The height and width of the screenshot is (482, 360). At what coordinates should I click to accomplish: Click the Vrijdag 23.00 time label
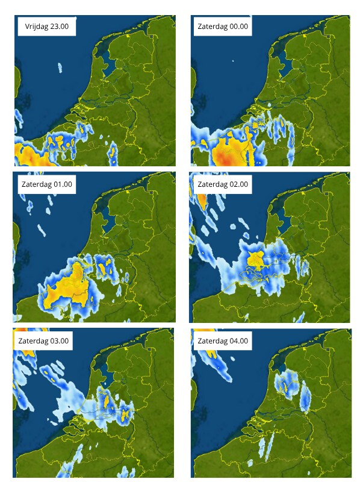[x=46, y=27]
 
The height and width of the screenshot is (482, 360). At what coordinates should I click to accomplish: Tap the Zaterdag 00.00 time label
[x=222, y=27]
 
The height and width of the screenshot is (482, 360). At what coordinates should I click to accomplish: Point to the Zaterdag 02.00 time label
[x=222, y=184]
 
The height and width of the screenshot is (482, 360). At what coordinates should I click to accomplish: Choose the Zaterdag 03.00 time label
[x=44, y=341]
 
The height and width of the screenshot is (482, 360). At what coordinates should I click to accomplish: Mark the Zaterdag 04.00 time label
[x=222, y=341]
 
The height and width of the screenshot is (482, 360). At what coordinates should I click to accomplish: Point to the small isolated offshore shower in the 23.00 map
[x=60, y=67]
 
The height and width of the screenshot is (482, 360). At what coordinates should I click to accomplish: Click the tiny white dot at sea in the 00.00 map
[x=232, y=61]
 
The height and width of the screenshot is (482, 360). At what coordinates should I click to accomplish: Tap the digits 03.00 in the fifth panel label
[x=58, y=341]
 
